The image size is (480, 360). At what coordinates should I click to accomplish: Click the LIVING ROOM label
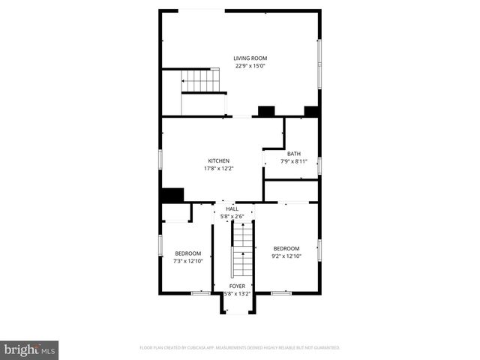250,58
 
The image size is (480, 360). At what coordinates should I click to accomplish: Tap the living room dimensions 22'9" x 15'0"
250,66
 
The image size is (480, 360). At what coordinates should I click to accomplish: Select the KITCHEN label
219,160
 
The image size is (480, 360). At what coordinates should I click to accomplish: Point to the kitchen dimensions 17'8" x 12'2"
219,168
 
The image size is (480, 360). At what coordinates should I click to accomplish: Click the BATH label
294,154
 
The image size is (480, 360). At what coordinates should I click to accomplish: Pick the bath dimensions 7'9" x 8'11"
294,161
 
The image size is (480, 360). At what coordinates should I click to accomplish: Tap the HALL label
232,209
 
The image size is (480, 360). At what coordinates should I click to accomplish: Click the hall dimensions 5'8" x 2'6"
232,217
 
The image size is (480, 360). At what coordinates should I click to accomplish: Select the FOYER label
237,286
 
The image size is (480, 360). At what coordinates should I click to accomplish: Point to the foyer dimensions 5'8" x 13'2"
237,293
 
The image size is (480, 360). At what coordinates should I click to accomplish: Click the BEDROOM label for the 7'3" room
187,253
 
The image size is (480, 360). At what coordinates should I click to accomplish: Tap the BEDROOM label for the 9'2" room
286,249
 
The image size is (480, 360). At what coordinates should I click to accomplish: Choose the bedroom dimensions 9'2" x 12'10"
286,256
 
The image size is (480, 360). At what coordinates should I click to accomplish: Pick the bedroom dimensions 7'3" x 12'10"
187,261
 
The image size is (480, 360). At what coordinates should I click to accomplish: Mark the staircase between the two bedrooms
241,251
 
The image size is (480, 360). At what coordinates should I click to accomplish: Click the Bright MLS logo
29,349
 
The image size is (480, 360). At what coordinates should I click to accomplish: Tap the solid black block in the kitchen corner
172,195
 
